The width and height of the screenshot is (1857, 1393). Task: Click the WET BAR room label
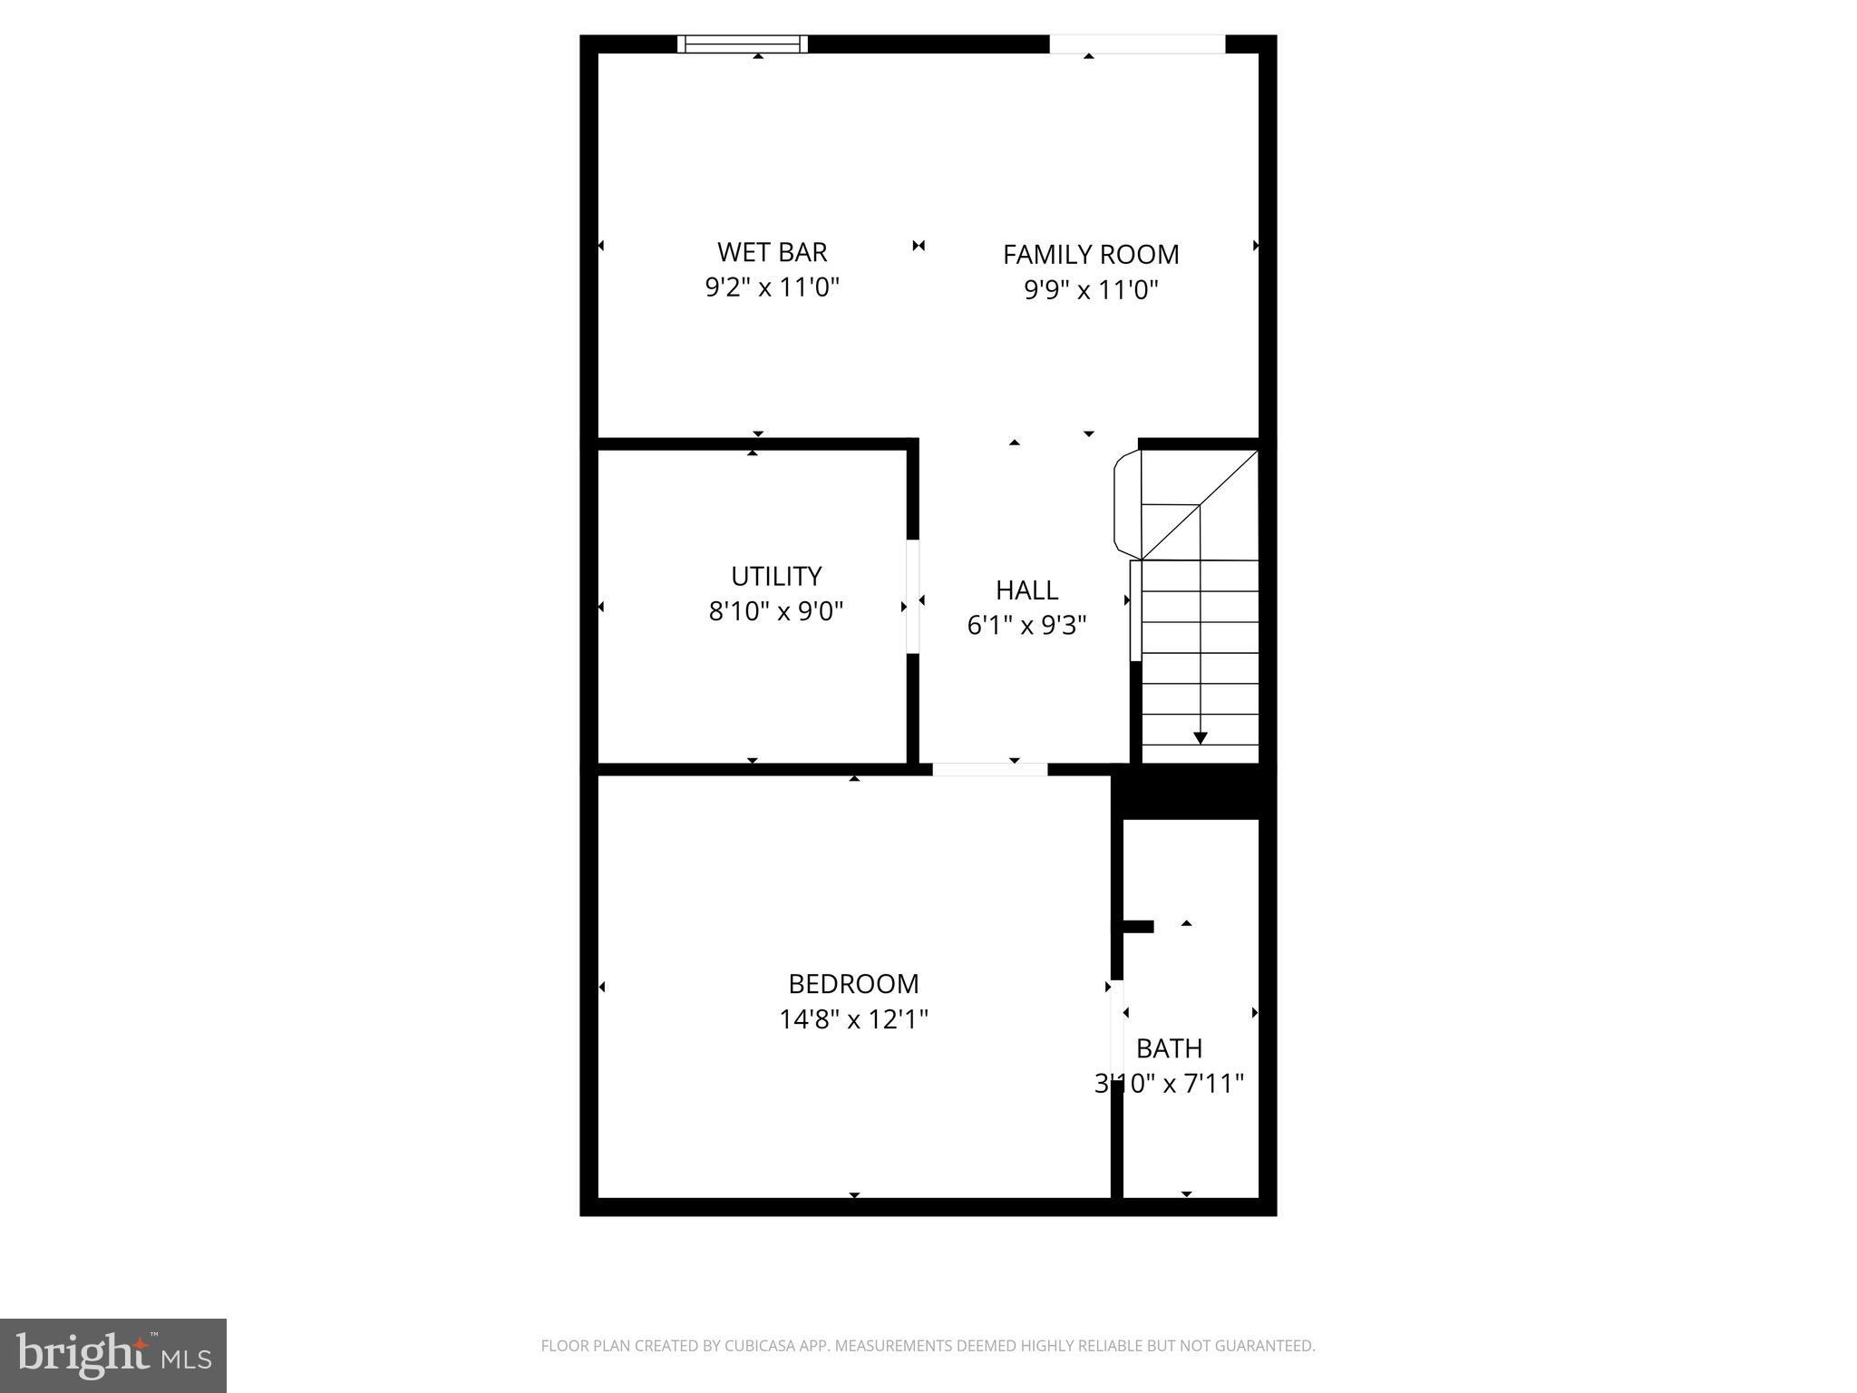click(772, 251)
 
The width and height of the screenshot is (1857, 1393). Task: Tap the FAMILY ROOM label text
click(1091, 255)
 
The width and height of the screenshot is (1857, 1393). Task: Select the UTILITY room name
click(776, 576)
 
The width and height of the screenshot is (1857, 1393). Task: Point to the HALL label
click(1026, 590)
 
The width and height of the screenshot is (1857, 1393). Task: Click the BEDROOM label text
click(853, 984)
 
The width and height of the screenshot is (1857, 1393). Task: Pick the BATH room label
click(1169, 1048)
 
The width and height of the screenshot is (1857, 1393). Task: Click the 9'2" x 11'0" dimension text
click(773, 287)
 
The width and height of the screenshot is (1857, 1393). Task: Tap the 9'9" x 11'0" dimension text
click(1091, 290)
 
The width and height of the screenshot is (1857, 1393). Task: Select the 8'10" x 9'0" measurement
click(776, 611)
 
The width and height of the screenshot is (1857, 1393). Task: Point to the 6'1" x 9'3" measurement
click(1026, 626)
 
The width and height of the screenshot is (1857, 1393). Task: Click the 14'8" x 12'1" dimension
click(853, 1019)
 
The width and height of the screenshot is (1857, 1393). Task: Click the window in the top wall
click(743, 44)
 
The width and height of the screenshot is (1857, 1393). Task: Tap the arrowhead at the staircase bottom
click(1200, 738)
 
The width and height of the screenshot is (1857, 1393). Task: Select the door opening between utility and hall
click(913, 596)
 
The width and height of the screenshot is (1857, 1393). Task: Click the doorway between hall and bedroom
click(989, 770)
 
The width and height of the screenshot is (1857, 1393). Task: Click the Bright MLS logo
click(113, 1355)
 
